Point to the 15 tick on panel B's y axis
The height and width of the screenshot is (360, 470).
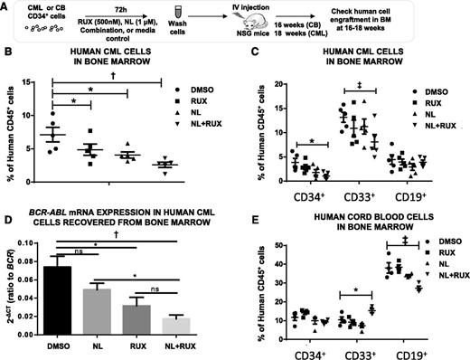[x=33, y=84]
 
